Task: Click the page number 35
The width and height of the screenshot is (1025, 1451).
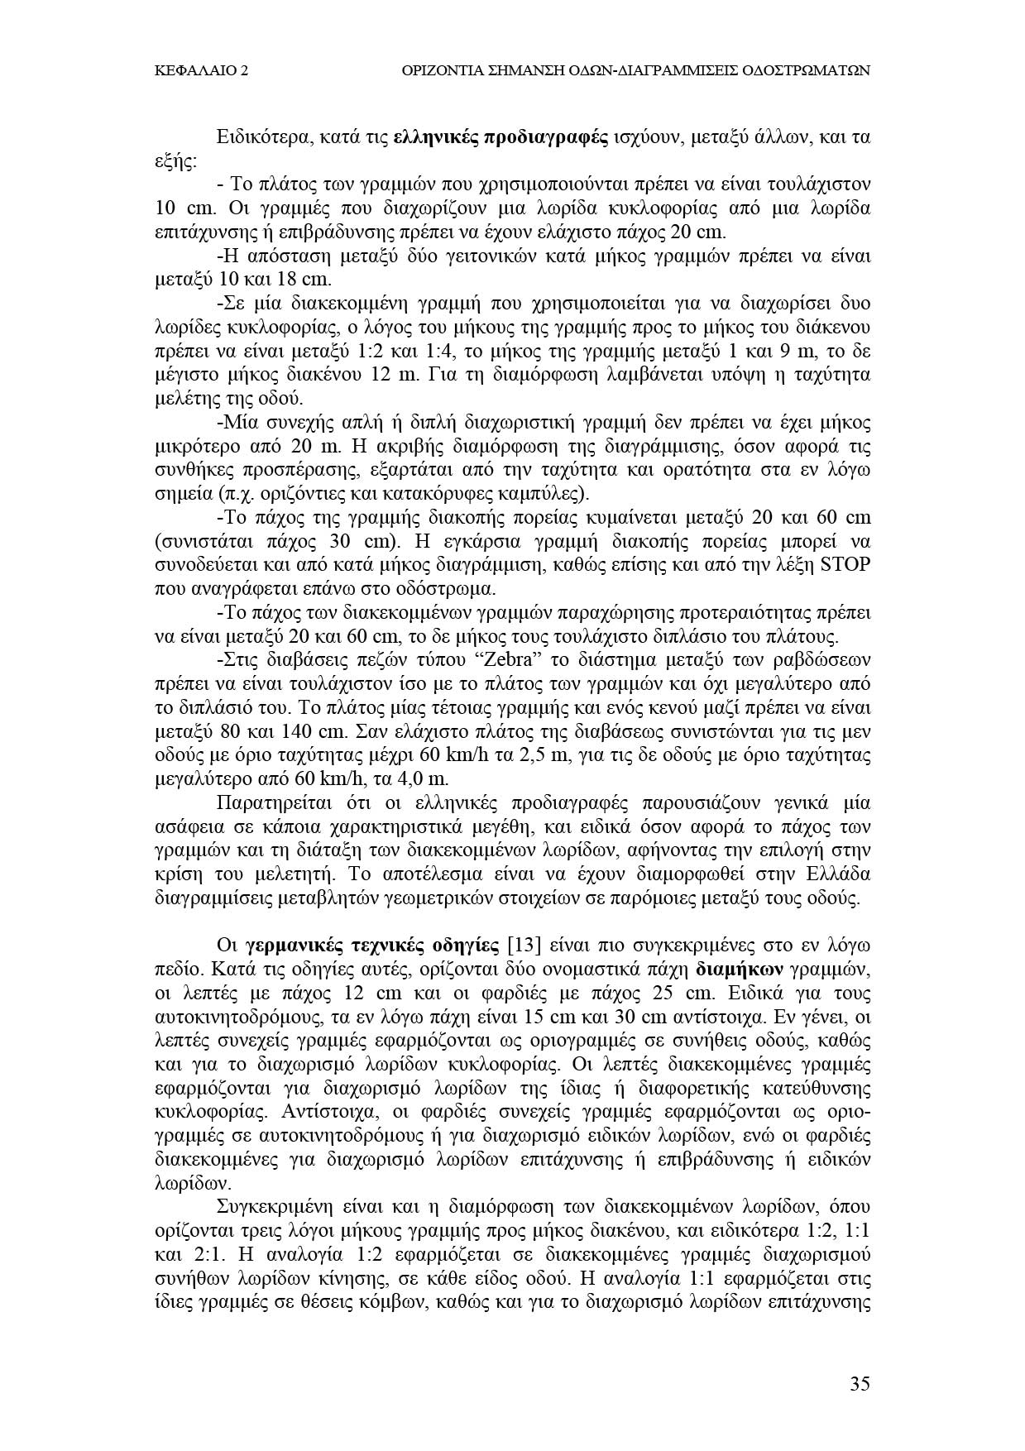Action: click(860, 1384)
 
